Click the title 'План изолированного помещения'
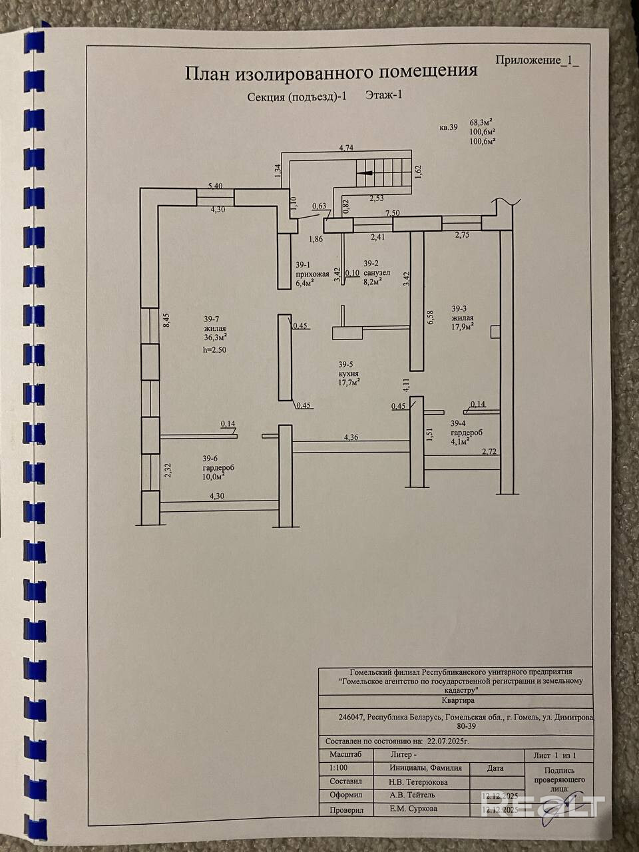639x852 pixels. tap(331, 71)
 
